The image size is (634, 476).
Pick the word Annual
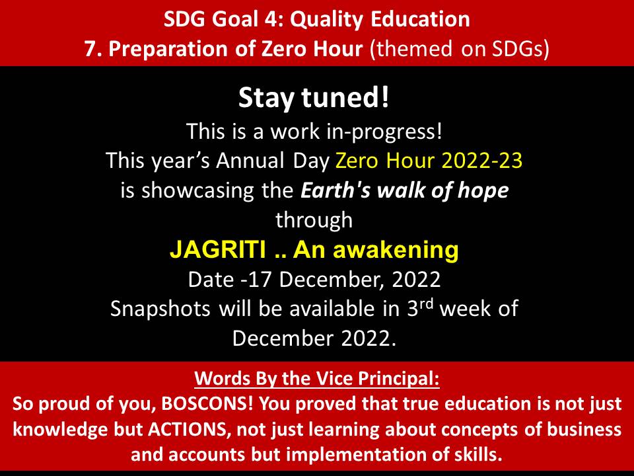click(250, 160)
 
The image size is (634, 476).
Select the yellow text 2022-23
click(482, 160)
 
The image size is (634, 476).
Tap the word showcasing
click(198, 190)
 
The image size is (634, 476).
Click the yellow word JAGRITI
click(218, 249)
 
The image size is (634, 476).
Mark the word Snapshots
click(160, 309)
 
